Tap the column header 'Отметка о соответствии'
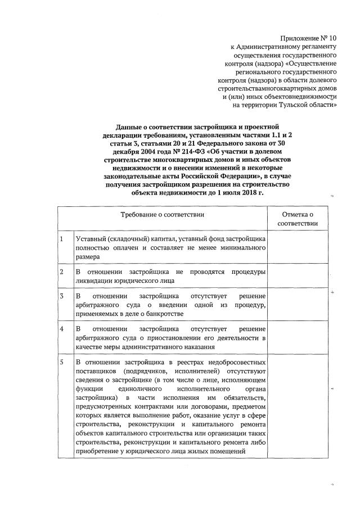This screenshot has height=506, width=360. point(301,219)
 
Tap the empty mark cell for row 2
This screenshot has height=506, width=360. point(301,276)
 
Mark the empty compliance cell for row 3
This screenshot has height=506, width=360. point(301,304)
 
